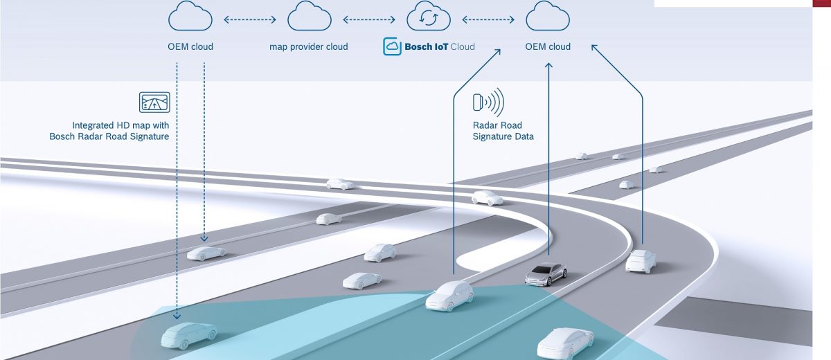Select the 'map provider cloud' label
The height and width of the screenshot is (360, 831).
(x=309, y=46)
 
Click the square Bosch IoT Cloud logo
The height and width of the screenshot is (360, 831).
(x=392, y=46)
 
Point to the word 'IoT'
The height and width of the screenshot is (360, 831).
(x=440, y=46)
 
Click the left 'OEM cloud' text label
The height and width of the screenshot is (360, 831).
(x=190, y=46)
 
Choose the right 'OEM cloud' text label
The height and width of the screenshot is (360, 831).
(x=548, y=46)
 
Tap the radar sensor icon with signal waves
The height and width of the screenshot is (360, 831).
(x=488, y=102)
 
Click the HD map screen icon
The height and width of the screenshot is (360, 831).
(x=154, y=102)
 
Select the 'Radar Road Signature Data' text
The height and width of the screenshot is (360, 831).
(x=503, y=131)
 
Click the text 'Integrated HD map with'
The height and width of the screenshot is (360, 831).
(x=120, y=125)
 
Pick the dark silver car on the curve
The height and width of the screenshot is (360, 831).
(x=546, y=274)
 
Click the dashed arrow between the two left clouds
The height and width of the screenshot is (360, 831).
(x=250, y=19)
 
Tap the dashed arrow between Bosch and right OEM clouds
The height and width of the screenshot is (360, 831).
(x=488, y=19)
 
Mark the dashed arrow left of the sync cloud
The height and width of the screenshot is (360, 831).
(x=369, y=19)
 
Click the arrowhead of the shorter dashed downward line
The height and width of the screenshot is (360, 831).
(x=204, y=239)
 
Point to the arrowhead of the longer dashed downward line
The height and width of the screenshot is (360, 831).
(x=177, y=316)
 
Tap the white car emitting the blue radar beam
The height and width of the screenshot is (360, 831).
(x=449, y=296)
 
